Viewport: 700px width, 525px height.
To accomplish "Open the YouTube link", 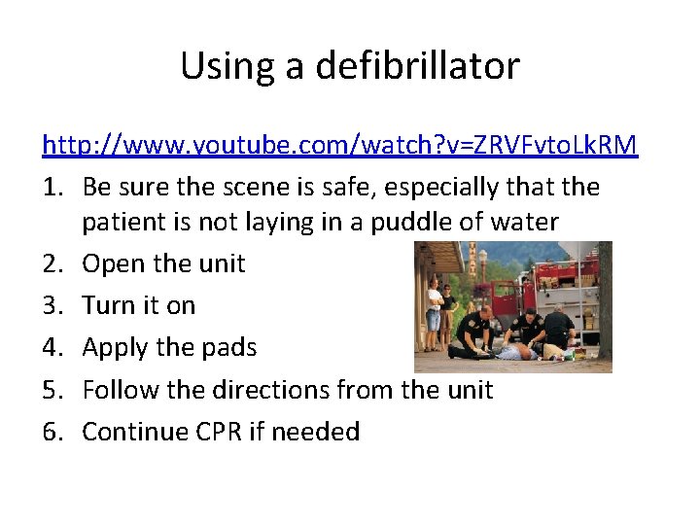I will tap(339, 145).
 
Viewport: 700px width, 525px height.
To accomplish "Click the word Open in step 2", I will tap(109, 263).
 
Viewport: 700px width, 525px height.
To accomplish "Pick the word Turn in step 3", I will tap(107, 305).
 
